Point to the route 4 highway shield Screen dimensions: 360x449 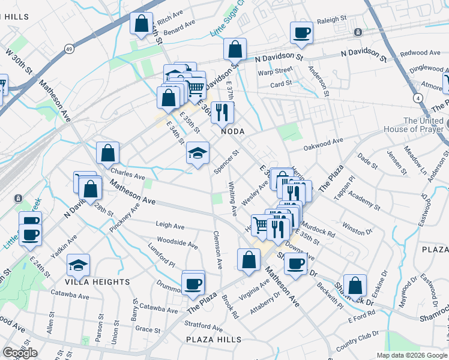[416, 97]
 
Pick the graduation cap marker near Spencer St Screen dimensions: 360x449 [197, 152]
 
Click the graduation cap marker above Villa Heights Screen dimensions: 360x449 [79, 265]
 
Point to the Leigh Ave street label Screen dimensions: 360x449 [170, 226]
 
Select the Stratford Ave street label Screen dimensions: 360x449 [204, 327]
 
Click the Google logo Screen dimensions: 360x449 [20, 353]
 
